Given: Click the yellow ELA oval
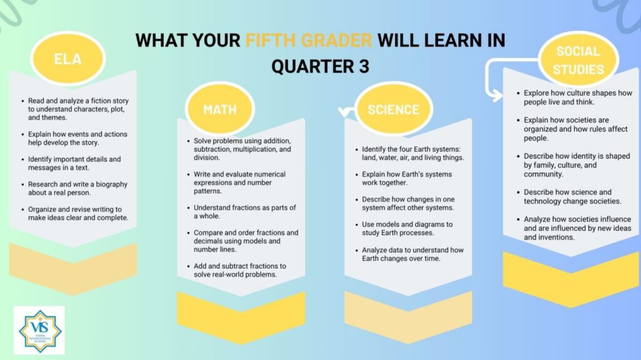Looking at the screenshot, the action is pyautogui.click(x=68, y=58).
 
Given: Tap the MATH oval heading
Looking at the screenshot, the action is pyautogui.click(x=220, y=109).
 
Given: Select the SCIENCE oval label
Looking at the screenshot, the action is pyautogui.click(x=393, y=109).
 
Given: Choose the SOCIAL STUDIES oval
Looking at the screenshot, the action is pyautogui.click(x=578, y=59).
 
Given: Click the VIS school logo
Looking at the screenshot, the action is pyautogui.click(x=39, y=330).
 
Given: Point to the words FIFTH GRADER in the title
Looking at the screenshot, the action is pyautogui.click(x=309, y=41).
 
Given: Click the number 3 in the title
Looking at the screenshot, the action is pyautogui.click(x=364, y=66).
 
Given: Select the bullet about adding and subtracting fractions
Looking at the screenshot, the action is pyautogui.click(x=240, y=270).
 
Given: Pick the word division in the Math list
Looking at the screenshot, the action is pyautogui.click(x=207, y=158).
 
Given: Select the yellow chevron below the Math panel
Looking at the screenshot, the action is pyautogui.click(x=241, y=317).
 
